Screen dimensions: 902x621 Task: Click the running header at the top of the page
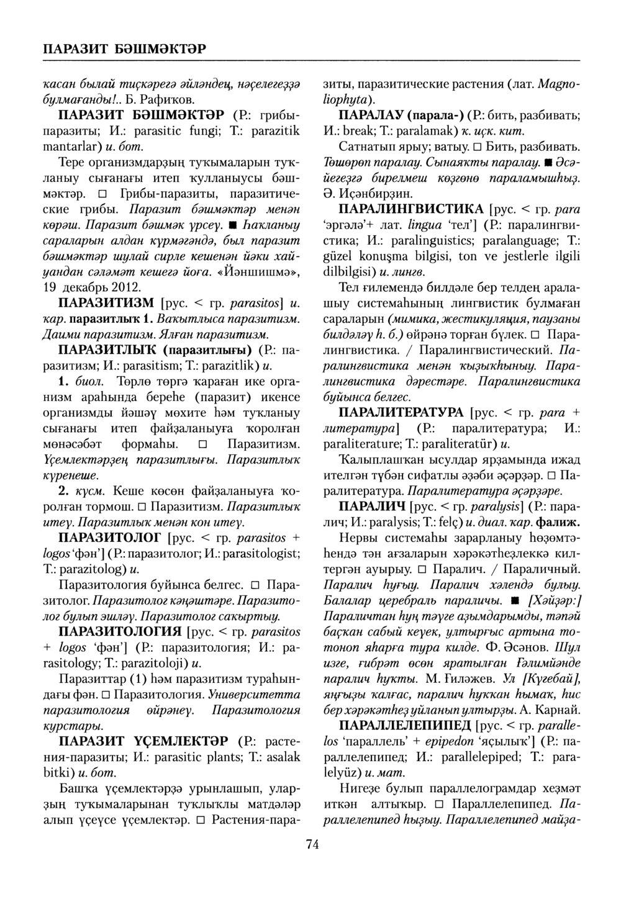[124, 48]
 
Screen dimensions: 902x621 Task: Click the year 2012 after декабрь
[127, 288]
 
